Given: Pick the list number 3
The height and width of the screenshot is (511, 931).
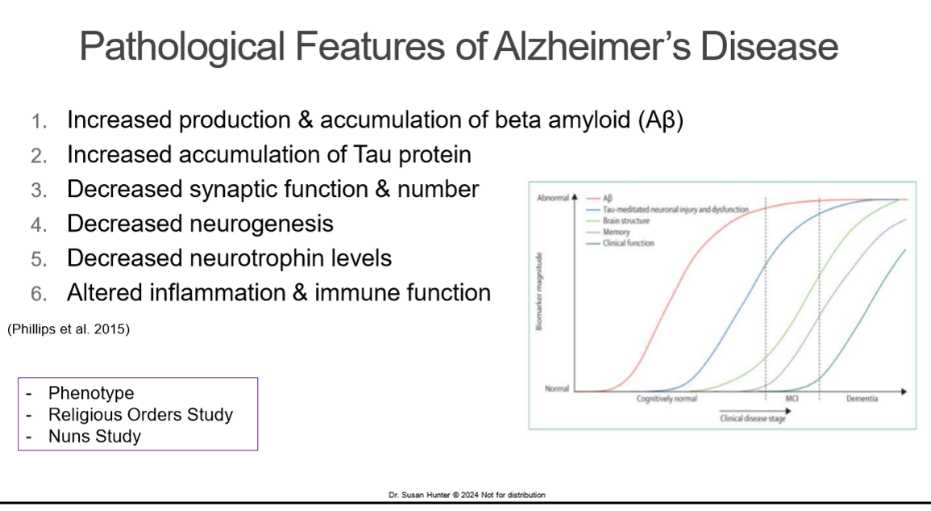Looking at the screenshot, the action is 39,190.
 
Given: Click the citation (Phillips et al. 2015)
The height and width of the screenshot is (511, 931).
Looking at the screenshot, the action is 68,329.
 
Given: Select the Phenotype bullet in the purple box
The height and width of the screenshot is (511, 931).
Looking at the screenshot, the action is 91,393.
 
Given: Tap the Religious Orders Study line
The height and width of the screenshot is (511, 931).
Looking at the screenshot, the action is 140,415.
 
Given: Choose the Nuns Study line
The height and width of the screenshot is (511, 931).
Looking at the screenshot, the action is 94,437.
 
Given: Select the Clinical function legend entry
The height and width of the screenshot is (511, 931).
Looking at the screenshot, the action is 628,243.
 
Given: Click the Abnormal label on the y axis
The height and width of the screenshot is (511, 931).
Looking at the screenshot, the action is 552,198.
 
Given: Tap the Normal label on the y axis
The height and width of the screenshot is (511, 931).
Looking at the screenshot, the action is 556,389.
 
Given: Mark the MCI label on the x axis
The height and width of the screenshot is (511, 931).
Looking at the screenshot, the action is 792,400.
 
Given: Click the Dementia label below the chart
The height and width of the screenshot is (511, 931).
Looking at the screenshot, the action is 862,400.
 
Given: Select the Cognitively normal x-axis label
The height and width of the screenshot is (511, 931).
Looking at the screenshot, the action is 667,400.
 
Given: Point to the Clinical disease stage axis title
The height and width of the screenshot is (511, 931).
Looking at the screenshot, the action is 752,418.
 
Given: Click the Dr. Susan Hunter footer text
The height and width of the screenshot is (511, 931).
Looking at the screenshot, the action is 467,495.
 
